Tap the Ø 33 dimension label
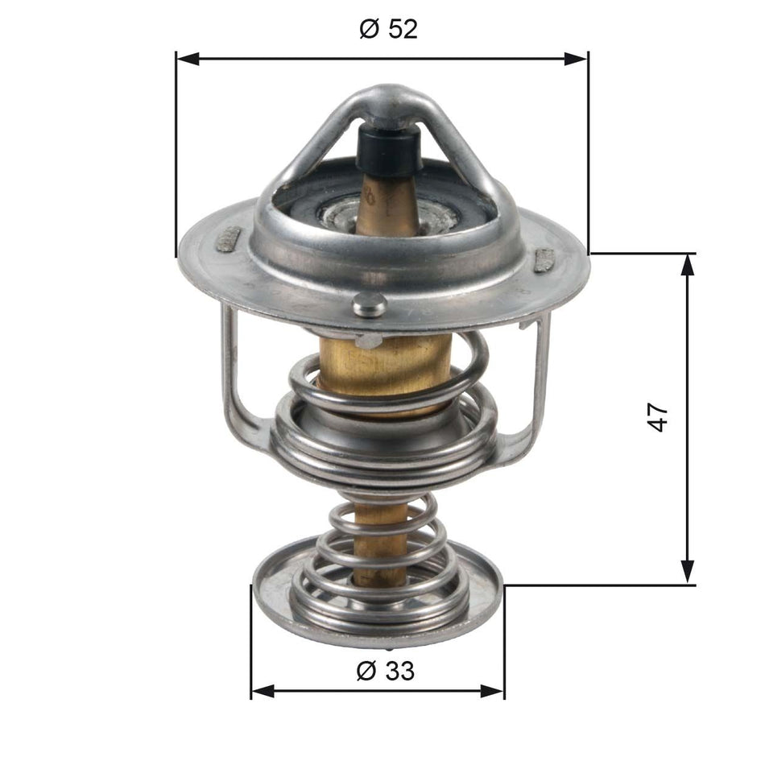[385, 670]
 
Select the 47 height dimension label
[659, 418]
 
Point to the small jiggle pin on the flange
[369, 304]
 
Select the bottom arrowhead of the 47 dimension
[688, 573]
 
